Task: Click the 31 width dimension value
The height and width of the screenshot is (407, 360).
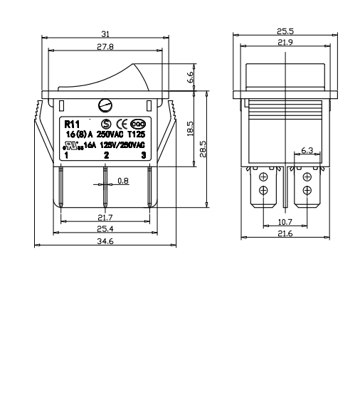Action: (105, 34)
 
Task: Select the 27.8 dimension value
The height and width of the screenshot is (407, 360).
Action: (105, 47)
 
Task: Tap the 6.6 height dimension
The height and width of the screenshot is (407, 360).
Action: (190, 77)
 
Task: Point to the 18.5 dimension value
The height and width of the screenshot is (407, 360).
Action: (190, 129)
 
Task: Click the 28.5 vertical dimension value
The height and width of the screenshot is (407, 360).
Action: (203, 149)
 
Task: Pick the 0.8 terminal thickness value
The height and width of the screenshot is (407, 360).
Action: (123, 181)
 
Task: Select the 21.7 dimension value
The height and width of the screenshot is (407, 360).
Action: (105, 217)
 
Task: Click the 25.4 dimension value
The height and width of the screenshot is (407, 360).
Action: (105, 229)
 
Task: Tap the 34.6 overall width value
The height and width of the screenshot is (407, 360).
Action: (105, 241)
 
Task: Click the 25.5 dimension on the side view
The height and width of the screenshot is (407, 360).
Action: (285, 31)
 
